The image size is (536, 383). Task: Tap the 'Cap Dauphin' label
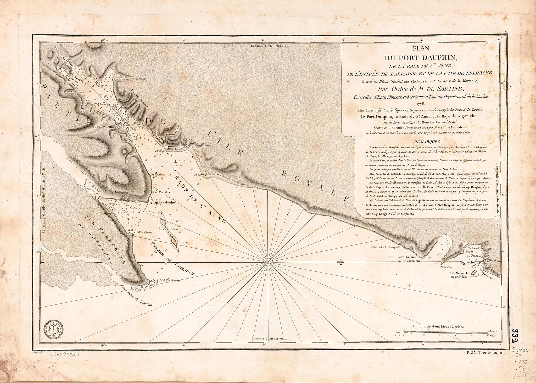coord(162,192)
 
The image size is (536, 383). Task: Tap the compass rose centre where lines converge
coord(267,262)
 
